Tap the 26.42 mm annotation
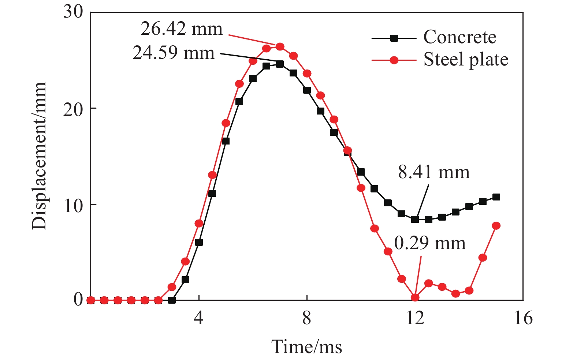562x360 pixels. (x=182, y=29)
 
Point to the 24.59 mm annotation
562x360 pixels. (x=174, y=53)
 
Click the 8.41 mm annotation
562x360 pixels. (x=434, y=172)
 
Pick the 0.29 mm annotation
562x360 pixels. (x=430, y=243)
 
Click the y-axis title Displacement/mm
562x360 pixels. (x=40, y=156)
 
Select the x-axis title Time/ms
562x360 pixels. (x=307, y=346)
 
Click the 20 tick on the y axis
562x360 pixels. (x=73, y=109)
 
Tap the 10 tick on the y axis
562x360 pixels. (x=73, y=205)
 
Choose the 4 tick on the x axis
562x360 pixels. (x=198, y=318)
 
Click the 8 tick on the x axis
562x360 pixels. (x=307, y=318)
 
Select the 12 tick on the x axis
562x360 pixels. (x=415, y=318)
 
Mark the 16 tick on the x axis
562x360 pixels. (x=523, y=318)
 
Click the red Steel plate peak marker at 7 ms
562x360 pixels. (x=280, y=46)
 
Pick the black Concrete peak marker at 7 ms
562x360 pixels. (x=280, y=64)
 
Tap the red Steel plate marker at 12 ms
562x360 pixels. (x=415, y=297)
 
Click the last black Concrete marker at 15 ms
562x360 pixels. (x=496, y=197)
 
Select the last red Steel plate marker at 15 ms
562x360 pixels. (x=496, y=226)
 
